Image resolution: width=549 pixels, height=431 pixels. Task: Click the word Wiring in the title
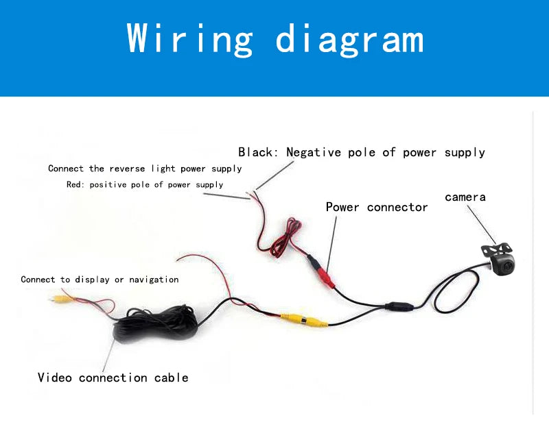coord(189,39)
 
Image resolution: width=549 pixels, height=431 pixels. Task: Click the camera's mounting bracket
coord(496,249)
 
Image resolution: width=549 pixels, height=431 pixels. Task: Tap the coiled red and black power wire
coord(283,238)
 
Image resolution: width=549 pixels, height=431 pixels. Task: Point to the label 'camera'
coord(465,197)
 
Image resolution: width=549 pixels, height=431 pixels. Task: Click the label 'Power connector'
coord(376,207)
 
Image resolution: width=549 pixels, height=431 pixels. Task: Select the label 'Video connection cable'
coord(113,377)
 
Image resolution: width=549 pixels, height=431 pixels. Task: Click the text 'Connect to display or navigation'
coord(100,280)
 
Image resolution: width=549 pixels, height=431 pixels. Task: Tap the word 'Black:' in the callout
coord(258,152)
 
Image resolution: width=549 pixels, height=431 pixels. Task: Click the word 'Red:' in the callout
coord(75,184)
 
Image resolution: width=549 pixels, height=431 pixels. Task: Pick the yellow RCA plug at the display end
coord(60,299)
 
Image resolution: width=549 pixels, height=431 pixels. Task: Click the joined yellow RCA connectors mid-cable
coord(304,321)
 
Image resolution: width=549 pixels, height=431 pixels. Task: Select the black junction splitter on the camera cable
coord(399,306)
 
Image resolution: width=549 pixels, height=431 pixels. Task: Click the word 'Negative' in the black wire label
coord(314,152)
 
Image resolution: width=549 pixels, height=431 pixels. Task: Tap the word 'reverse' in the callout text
coord(127,169)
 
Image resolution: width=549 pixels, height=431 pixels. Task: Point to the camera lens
coord(508,267)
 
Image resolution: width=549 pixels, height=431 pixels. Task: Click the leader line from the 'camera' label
coord(482,225)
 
